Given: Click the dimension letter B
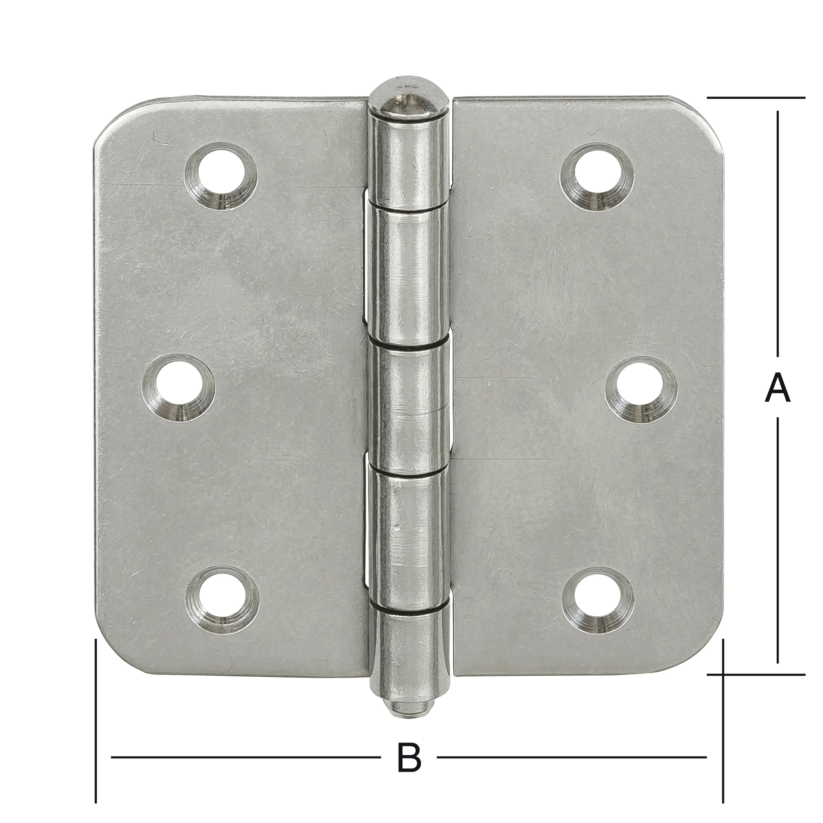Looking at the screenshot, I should [x=409, y=757].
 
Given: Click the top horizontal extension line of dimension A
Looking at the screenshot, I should [x=756, y=98].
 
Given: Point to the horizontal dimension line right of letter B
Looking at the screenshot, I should [x=571, y=757].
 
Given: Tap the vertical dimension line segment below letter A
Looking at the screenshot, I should [x=778, y=545].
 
